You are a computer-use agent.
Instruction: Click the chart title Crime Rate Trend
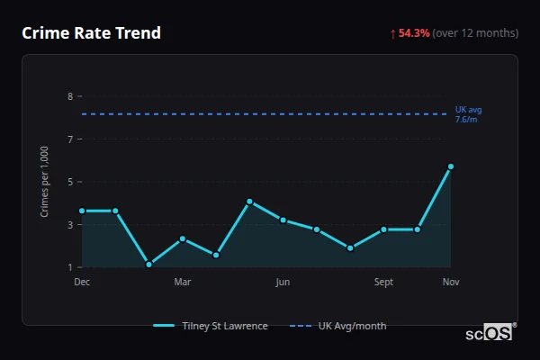91,33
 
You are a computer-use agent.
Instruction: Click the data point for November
451,166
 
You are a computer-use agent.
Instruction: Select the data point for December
82,211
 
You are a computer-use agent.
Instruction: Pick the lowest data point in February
148,265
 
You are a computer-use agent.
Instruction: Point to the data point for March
183,238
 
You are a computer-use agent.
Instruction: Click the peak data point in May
249,202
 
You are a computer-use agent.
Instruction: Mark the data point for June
283,220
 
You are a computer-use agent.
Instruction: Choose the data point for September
383,229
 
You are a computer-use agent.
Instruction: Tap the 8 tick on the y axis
70,96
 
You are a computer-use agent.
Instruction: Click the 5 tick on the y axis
70,182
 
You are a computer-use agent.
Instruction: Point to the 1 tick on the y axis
70,267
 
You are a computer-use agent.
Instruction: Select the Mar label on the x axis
183,283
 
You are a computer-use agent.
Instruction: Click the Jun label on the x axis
283,283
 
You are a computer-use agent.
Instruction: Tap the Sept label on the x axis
383,283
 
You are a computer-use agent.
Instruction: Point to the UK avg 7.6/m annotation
468,114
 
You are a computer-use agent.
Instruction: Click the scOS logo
490,333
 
